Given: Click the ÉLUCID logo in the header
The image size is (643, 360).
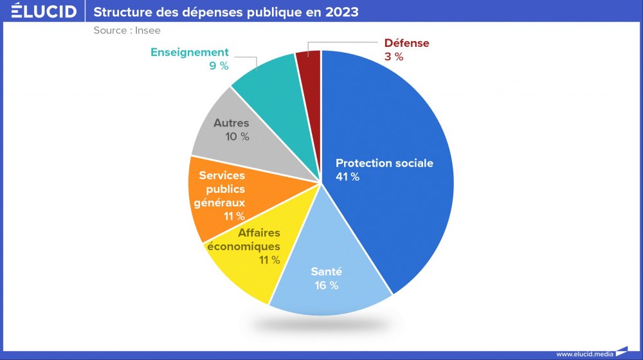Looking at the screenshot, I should click(44, 12).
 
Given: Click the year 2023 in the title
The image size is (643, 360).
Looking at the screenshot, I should click(340, 12).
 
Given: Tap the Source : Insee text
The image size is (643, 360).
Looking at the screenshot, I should click(127, 30).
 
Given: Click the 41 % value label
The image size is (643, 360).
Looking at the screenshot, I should click(347, 177).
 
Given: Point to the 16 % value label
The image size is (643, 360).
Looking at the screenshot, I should click(325, 285).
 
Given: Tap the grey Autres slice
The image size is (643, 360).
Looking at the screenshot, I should click(222, 138).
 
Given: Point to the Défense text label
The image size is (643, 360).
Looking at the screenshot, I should click(406, 43).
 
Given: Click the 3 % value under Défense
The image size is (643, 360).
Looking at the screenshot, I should click(394, 57).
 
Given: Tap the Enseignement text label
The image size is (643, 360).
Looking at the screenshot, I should click(190, 52).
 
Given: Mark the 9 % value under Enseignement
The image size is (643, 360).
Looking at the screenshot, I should click(219, 66).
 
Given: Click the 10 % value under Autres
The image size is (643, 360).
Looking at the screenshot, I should click(237, 136).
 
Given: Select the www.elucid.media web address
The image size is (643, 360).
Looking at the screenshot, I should click(584, 354).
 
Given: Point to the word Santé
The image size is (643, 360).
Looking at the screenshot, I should click(326, 272).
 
